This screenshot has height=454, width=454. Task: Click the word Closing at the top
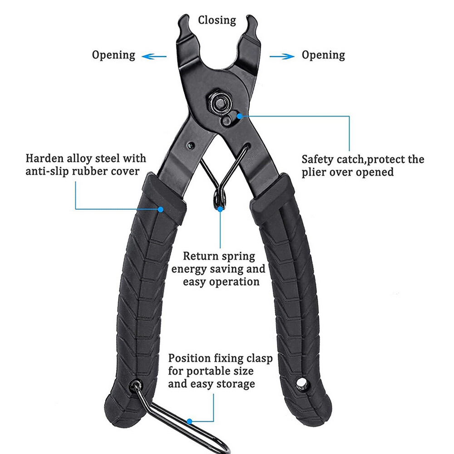[x=217, y=20]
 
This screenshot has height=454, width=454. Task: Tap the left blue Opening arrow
[x=154, y=57]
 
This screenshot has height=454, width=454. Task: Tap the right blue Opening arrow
[x=281, y=57]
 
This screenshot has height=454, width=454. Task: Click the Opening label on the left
[x=113, y=55]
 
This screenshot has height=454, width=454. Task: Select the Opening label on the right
[x=323, y=55]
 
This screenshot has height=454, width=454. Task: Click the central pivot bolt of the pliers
[x=219, y=102]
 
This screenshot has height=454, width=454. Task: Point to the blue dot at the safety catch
[x=239, y=116]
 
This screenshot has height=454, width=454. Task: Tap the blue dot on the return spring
[x=221, y=209]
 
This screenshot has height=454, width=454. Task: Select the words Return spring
[x=219, y=257]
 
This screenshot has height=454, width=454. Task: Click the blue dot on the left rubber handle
[x=160, y=209]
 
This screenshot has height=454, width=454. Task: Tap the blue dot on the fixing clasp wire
[x=190, y=421]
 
